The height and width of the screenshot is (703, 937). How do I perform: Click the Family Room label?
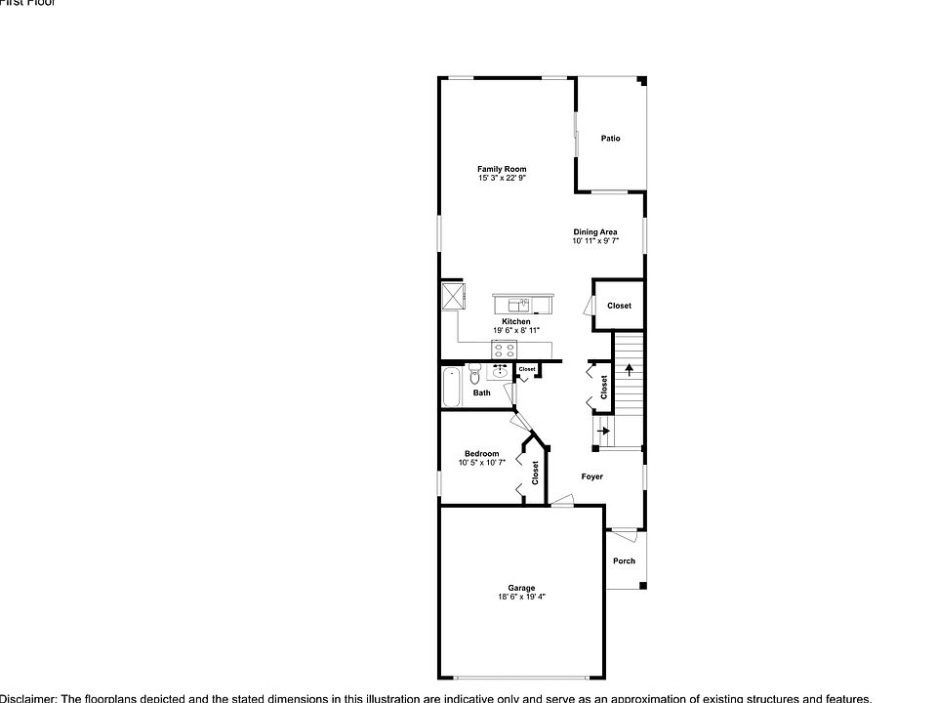pos(502,169)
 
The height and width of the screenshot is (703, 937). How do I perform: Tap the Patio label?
pos(610,139)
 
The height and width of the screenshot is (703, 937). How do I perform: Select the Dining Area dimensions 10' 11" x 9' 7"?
pos(594,240)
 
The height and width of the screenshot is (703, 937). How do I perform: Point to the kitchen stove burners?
pos(505,350)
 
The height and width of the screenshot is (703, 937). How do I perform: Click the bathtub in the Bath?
pos(452,388)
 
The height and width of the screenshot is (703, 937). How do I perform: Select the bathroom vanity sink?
pos(501,371)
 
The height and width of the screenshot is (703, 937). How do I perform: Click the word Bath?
pos(482,393)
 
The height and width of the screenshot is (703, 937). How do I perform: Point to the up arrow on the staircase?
pos(630,370)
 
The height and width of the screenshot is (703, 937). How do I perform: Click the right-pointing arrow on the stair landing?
pos(604,431)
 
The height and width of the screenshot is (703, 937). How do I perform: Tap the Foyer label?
pos(591,476)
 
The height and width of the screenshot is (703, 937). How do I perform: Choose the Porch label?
pos(624,560)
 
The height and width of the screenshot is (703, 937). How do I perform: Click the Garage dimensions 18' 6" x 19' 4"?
pos(521,597)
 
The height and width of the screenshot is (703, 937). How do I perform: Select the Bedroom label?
pos(481,454)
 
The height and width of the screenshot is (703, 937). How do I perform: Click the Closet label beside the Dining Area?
pos(619,306)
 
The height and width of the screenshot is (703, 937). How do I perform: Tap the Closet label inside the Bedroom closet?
pos(535,474)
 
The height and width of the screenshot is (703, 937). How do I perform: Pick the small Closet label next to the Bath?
pos(527,369)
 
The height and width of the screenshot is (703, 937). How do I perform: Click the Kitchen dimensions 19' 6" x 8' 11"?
pos(516,330)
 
